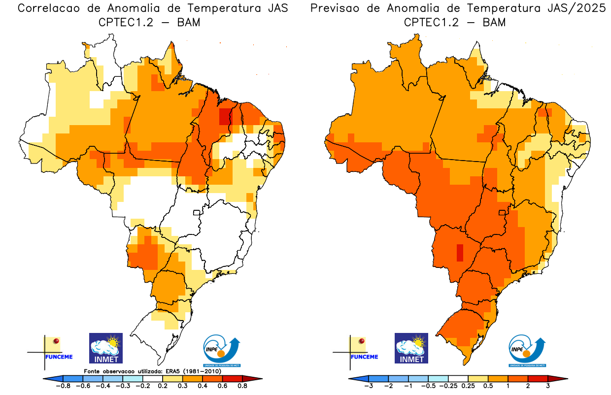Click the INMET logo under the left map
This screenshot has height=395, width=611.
click(105, 348)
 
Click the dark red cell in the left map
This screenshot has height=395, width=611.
click(225, 116)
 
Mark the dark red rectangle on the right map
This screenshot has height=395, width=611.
click(460, 253)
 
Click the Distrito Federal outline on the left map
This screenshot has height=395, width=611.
click(197, 213)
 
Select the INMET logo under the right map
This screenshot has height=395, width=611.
click(411, 348)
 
